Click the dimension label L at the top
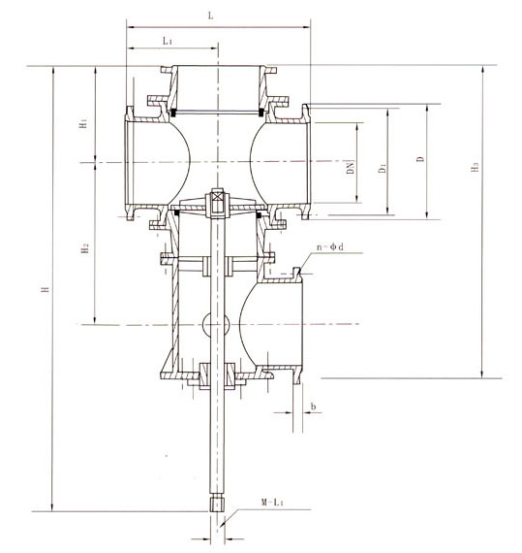[211, 16]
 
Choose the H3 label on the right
[474, 168]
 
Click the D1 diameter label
[384, 168]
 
